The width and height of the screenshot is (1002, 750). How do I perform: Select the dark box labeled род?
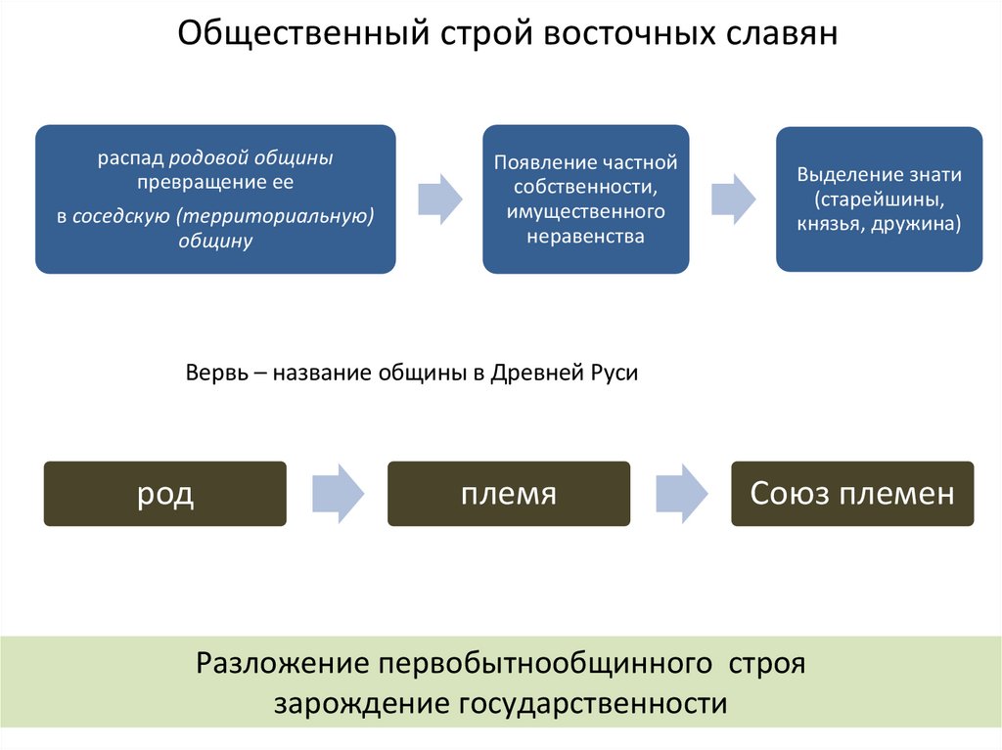point(164,494)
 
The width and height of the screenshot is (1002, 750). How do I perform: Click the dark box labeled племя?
point(509,494)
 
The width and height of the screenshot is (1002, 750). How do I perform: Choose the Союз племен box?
point(852,494)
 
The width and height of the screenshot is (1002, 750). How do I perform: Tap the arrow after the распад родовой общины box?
point(439,197)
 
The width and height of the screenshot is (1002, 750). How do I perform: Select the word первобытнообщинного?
point(543,664)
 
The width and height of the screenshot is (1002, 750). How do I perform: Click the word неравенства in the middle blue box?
point(585,236)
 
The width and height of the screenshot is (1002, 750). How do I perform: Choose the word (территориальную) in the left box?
point(276,217)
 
